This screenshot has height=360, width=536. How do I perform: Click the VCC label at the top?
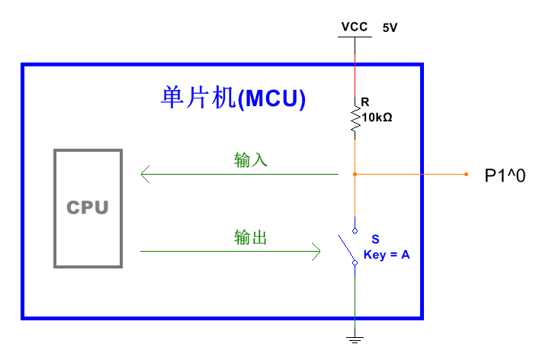pos(355,27)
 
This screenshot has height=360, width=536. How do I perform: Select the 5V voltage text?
pos(390,27)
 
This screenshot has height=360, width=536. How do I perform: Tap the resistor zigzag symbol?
pos(355,120)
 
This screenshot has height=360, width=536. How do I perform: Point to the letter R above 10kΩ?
pos(364,101)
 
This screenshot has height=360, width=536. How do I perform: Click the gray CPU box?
pos(87,207)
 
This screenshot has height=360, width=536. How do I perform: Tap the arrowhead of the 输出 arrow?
pos(316,251)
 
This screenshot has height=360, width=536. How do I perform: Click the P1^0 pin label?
pos(505,175)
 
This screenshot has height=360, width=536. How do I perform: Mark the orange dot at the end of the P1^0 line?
pos(467,175)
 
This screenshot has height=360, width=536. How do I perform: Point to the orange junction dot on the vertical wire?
pos(355,175)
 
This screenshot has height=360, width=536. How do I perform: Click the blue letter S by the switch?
pos(375,239)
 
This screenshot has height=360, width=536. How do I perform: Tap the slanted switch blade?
pos(347,247)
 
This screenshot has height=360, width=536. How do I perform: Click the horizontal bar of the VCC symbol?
pos(355,37)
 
